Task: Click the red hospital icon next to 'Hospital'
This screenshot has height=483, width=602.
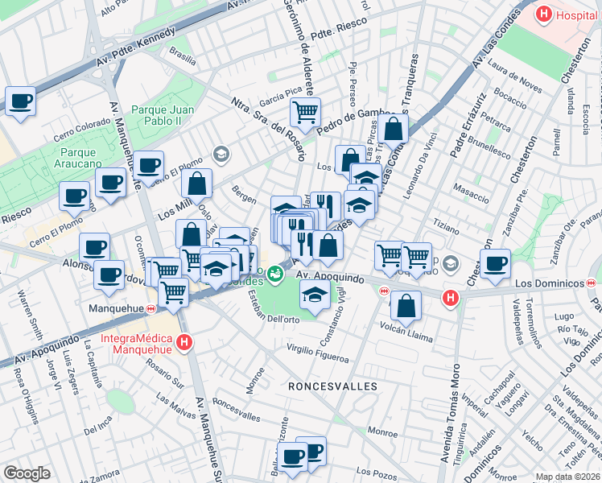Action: pyautogui.click(x=544, y=14)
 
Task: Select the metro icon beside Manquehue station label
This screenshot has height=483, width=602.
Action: pyautogui.click(x=151, y=308)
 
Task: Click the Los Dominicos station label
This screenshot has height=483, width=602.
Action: pyautogui.click(x=549, y=283)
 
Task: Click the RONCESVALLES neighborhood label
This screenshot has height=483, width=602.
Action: pyautogui.click(x=332, y=387)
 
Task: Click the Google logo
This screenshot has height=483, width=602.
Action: pyautogui.click(x=27, y=473)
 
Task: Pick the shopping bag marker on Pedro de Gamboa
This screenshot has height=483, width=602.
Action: pyautogui.click(x=394, y=127)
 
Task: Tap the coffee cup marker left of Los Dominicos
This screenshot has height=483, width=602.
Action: pyautogui.click(x=495, y=262)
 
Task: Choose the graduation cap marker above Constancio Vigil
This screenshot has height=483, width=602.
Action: pyautogui.click(x=315, y=295)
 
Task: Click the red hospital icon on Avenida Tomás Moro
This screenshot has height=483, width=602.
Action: pyautogui.click(x=451, y=298)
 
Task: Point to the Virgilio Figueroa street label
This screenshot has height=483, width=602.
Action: pyautogui.click(x=320, y=352)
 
